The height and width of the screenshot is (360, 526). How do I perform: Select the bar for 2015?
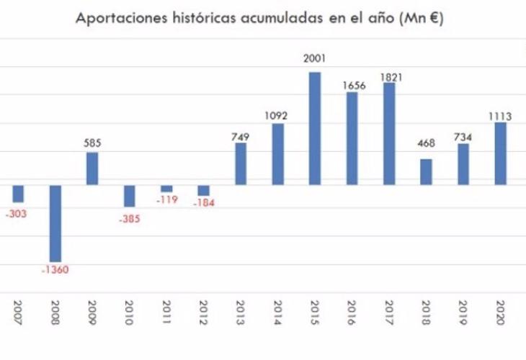315,128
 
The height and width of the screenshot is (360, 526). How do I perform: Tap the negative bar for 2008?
55,223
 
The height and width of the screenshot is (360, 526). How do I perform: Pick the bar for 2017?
389,134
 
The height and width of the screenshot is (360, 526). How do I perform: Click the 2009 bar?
92,168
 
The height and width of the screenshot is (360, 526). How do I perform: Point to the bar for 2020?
501,153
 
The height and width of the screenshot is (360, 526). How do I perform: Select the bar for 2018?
427,171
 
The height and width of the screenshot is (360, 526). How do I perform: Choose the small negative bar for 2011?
166,189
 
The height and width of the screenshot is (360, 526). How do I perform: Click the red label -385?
129,219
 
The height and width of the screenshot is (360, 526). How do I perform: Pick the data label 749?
241,134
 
